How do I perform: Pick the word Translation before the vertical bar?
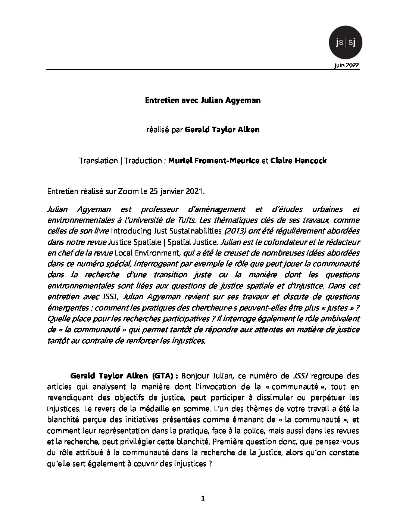point(98,161)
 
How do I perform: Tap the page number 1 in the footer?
point(203,498)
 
